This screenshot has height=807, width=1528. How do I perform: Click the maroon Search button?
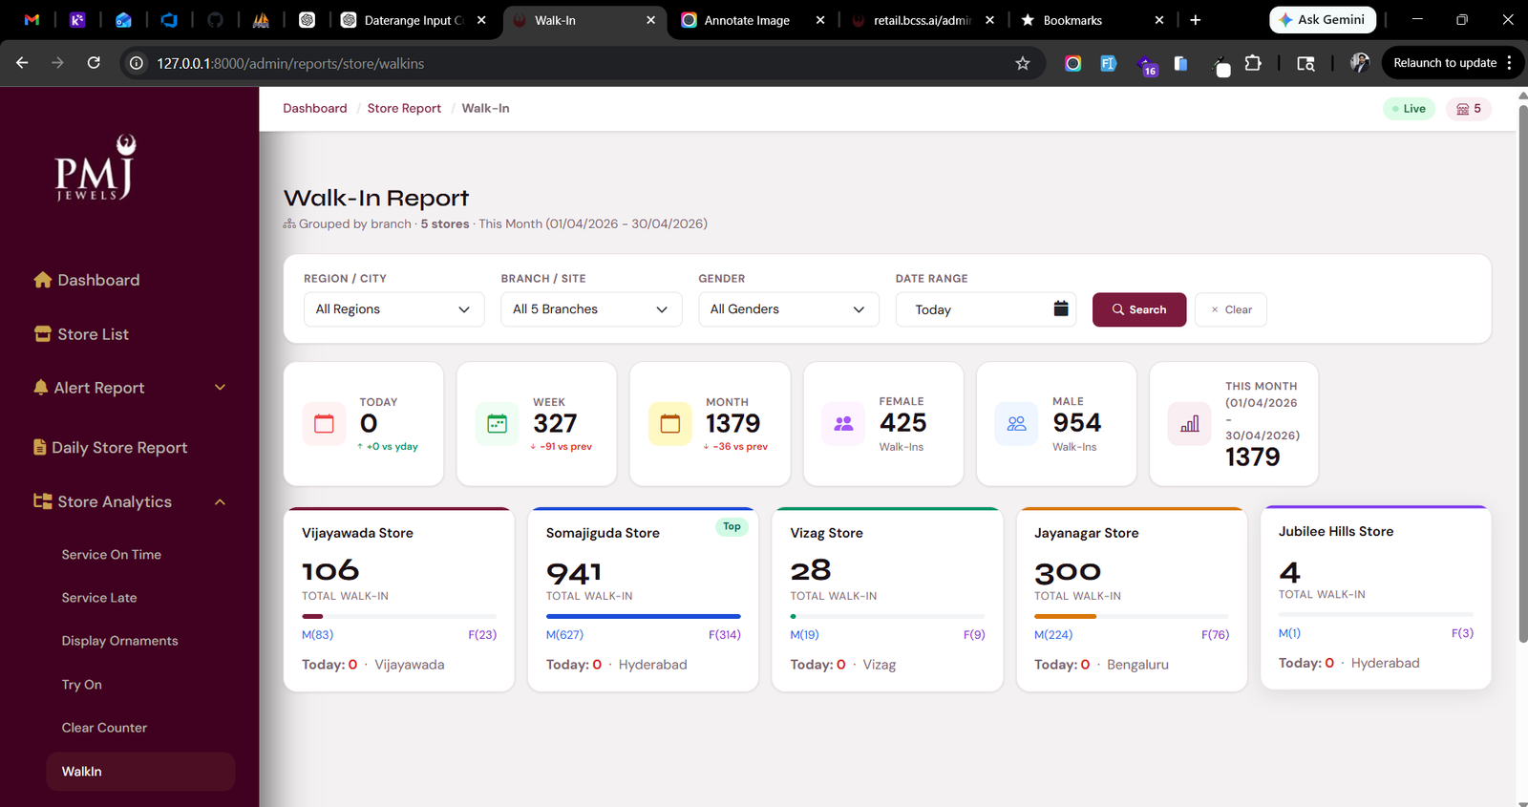pos(1139,309)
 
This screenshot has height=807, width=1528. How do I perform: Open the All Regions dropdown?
pos(393,309)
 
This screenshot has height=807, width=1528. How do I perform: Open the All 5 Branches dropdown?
pos(591,309)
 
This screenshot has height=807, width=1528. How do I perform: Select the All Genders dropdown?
pos(789,309)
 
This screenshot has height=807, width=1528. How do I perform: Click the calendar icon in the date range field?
pos(1061,309)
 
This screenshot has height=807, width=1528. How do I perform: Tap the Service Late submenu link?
pos(99,598)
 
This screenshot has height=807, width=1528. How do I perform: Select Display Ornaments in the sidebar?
pos(119,641)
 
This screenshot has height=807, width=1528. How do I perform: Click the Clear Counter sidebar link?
pos(104,728)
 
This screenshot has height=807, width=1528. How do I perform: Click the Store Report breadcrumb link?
pos(404,109)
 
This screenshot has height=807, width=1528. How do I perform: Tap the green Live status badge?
pos(1409,109)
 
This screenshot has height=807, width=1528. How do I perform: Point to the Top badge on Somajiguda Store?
pos(732,526)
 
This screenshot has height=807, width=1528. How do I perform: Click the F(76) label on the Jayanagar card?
pos(1215,634)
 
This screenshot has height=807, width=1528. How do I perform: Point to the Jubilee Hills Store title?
pos(1336,531)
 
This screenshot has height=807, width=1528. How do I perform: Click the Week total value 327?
pos(555,424)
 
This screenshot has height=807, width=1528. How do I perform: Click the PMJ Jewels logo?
pos(95,168)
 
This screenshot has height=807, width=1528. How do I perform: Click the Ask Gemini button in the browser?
pos(1322,20)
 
